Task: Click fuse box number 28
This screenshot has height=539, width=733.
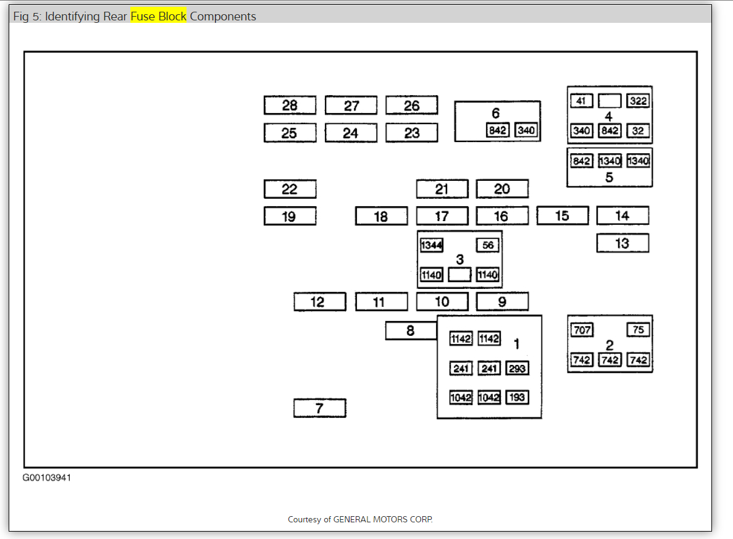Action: tap(290, 106)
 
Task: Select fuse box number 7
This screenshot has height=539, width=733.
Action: tap(319, 408)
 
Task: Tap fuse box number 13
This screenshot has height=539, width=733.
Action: tap(622, 243)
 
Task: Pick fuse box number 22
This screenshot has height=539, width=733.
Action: tap(290, 189)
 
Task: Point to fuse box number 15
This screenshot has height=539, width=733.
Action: tap(562, 215)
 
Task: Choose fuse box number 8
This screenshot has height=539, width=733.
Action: tap(411, 331)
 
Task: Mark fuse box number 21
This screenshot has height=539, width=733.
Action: tap(442, 189)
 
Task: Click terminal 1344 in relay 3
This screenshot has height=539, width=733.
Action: tap(431, 245)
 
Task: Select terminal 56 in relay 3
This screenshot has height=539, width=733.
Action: tap(487, 245)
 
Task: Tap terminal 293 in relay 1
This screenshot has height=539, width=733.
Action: tap(517, 369)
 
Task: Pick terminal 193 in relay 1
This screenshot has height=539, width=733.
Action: tap(517, 398)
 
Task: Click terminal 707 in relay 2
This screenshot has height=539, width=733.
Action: tap(582, 330)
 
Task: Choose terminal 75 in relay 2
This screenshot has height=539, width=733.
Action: tap(639, 330)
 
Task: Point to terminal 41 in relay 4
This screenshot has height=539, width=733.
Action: tap(582, 101)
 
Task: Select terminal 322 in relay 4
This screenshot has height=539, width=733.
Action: tap(639, 101)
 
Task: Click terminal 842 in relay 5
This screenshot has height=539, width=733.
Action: tap(582, 161)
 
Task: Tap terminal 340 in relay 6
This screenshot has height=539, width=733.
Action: tap(526, 130)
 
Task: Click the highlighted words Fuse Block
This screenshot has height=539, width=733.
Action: tap(158, 17)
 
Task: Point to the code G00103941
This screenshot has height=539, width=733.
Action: tap(47, 478)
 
